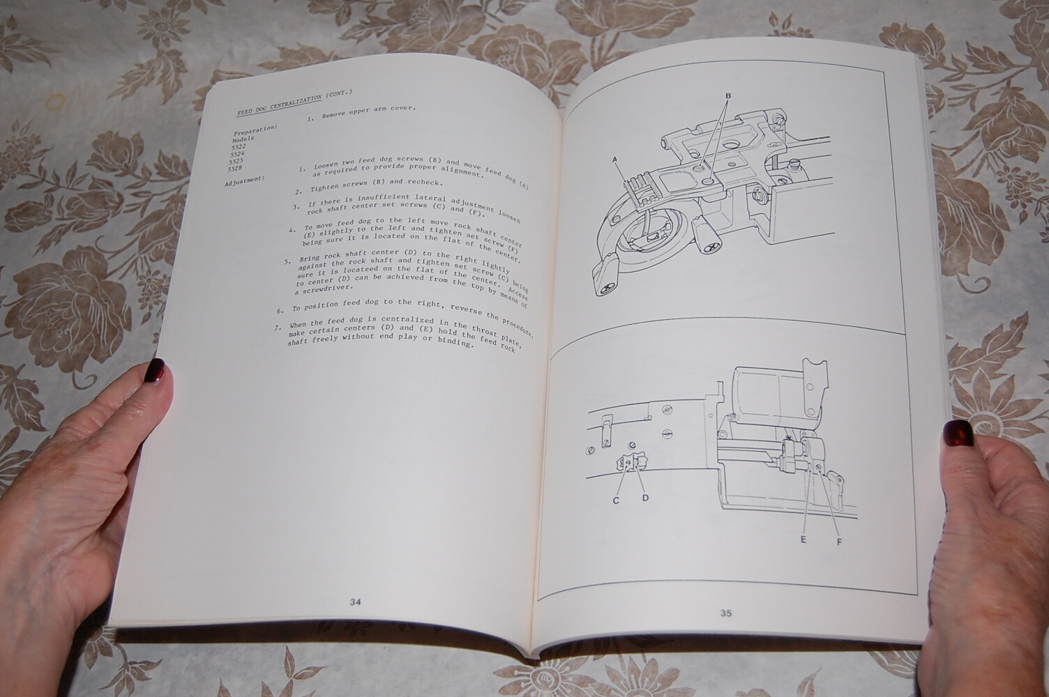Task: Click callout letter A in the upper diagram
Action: (x=616, y=160)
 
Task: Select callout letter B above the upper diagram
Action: (x=728, y=95)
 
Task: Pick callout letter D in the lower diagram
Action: (x=645, y=498)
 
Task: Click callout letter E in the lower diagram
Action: (x=803, y=538)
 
